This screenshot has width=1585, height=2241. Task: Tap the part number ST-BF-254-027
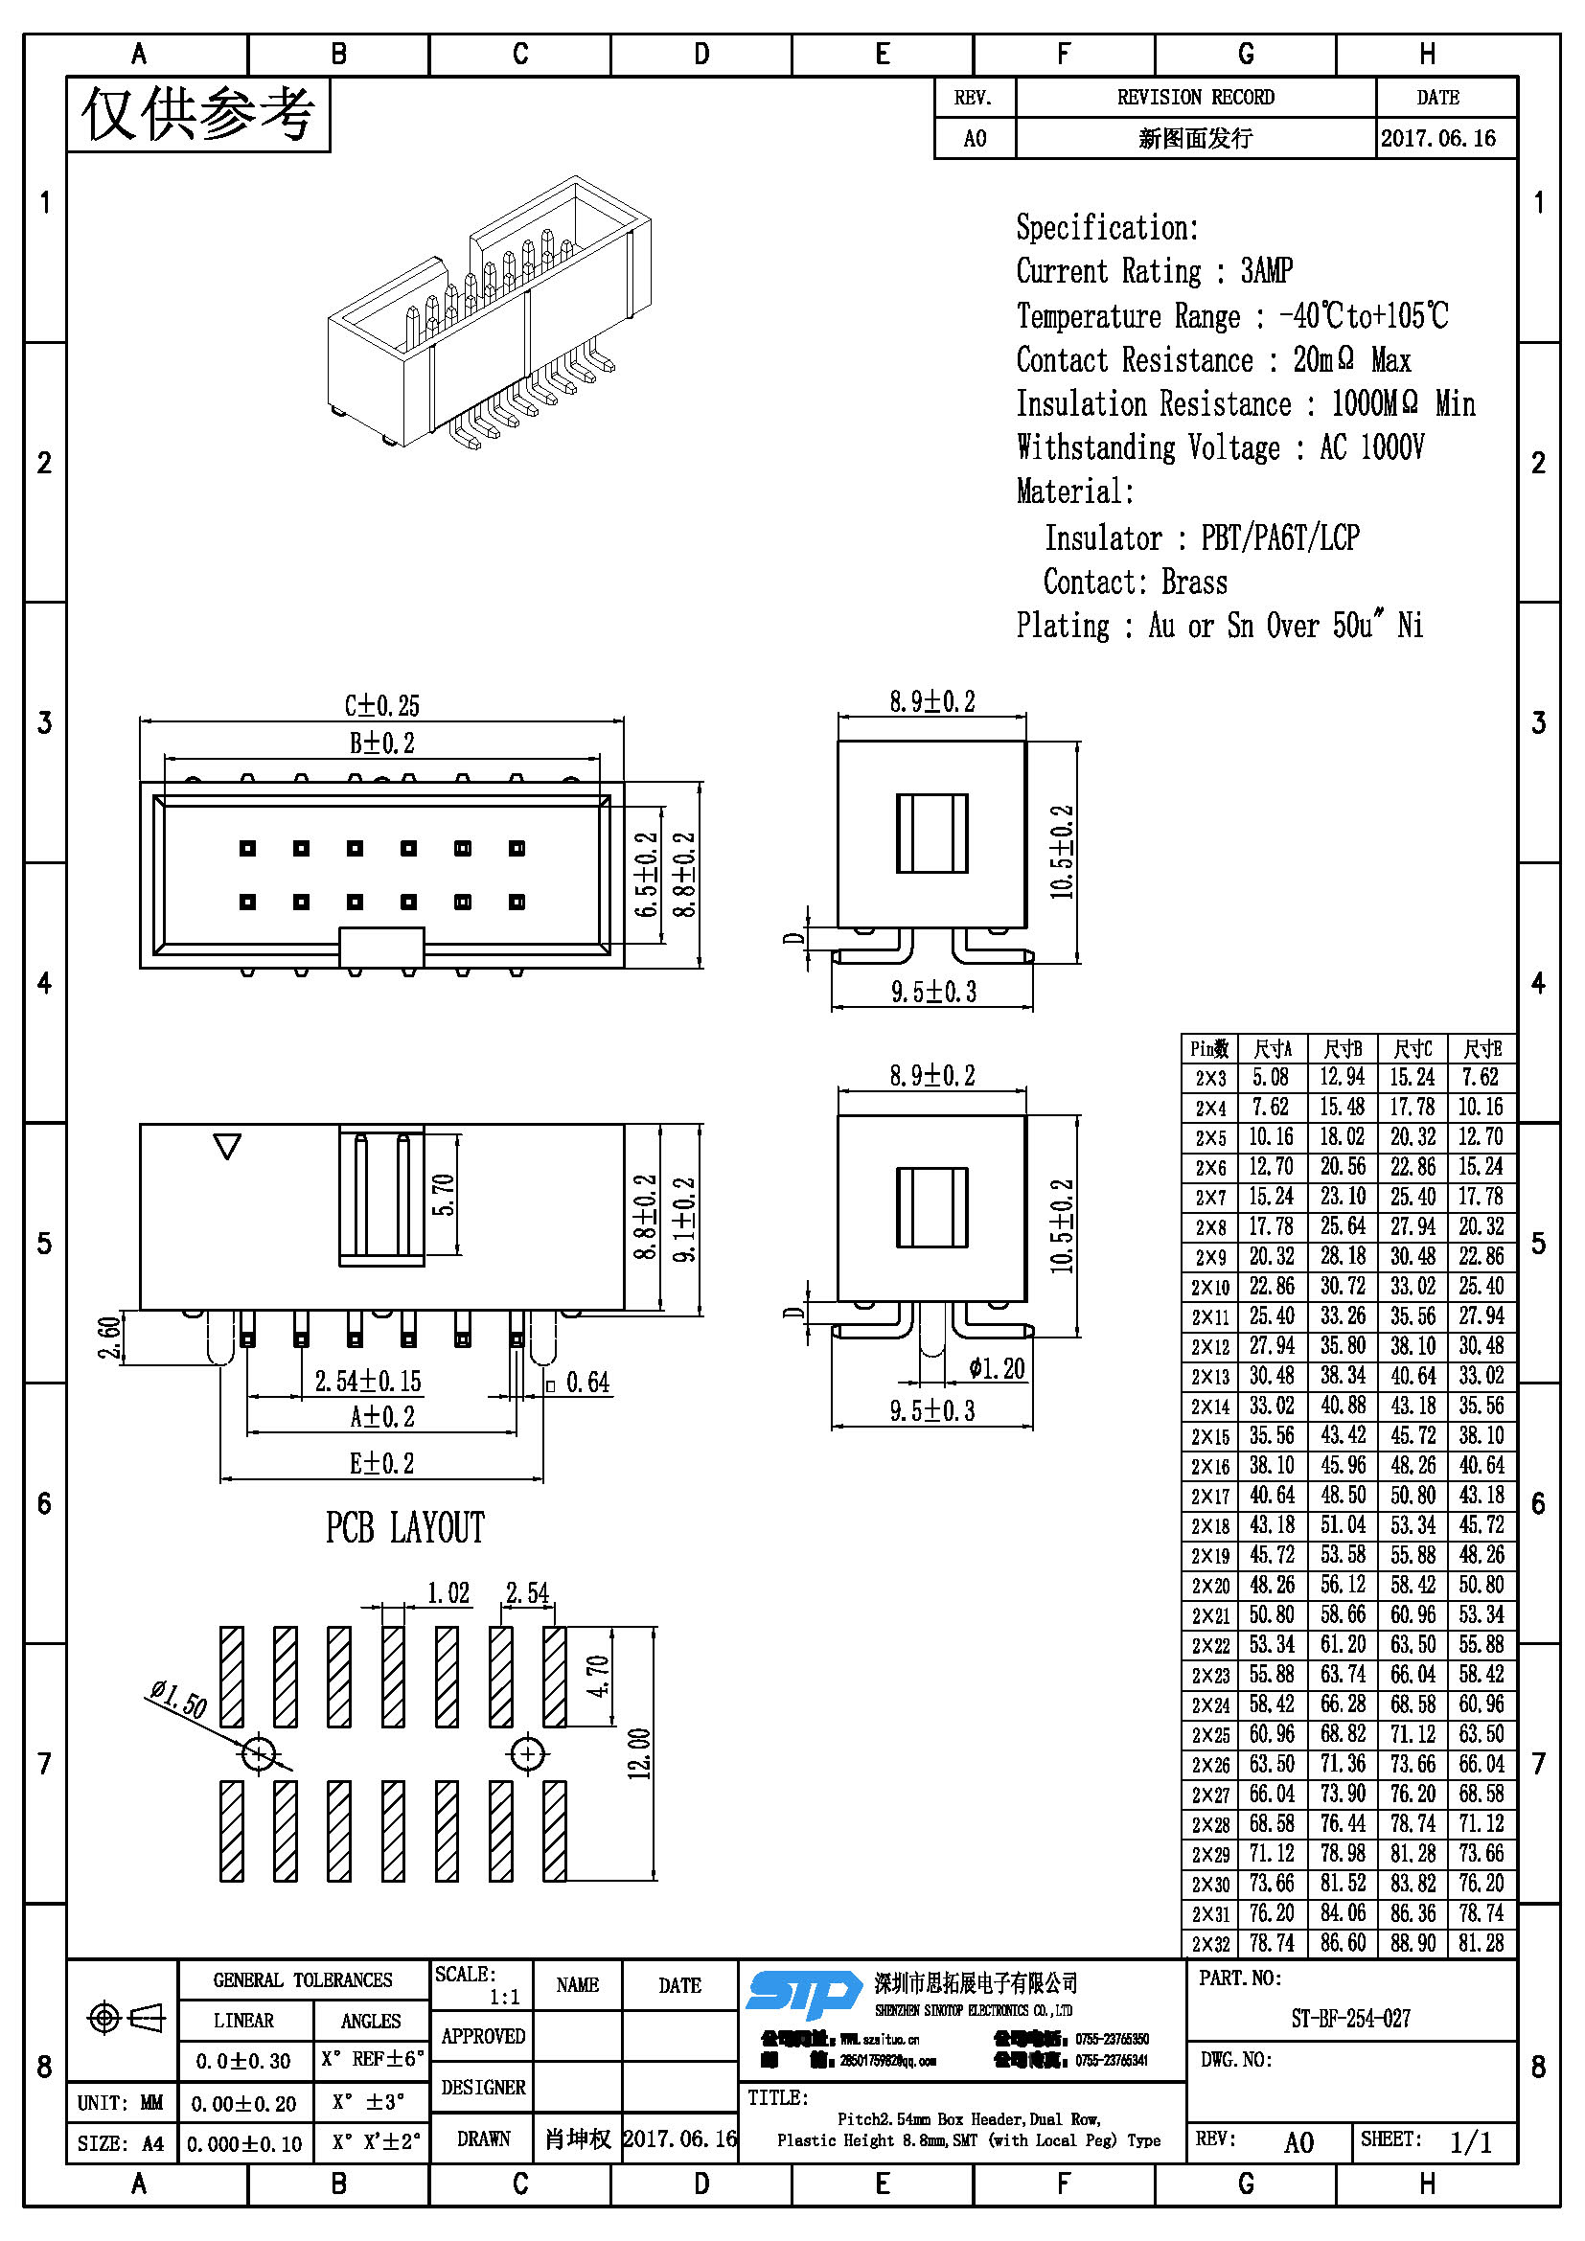1350,2019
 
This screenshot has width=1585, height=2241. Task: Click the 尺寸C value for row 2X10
1413,1286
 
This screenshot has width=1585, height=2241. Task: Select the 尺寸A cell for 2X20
1271,1585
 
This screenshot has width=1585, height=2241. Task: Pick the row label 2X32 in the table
1209,1944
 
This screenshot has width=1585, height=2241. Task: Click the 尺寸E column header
1482,1049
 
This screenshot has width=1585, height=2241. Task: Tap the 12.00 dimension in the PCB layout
639,1754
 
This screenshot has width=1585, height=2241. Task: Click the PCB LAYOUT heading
405,1527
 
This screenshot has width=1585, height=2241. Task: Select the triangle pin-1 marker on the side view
227,1145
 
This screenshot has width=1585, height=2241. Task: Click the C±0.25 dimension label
381,705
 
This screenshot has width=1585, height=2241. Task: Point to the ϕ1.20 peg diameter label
997,1368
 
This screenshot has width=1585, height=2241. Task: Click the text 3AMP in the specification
1266,270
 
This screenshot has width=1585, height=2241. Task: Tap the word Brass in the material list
1194,582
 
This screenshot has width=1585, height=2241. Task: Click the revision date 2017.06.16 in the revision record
1437,139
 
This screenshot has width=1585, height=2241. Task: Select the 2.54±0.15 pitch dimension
368,1382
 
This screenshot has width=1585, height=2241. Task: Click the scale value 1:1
505,1997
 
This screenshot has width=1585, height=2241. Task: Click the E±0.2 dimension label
381,1463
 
